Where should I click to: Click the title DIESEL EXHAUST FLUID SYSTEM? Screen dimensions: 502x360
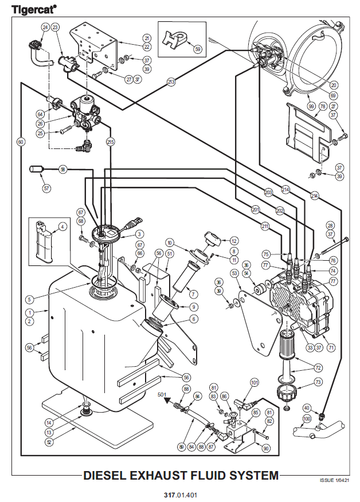tap(181, 475)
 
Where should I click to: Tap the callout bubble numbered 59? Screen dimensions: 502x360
tap(198, 49)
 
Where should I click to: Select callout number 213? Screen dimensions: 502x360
tap(171, 83)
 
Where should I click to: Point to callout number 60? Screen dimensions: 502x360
tap(21, 141)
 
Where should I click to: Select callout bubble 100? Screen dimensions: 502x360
tap(307, 419)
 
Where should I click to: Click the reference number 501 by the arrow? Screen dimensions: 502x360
tap(162, 394)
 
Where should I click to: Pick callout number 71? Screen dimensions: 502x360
tap(331, 347)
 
